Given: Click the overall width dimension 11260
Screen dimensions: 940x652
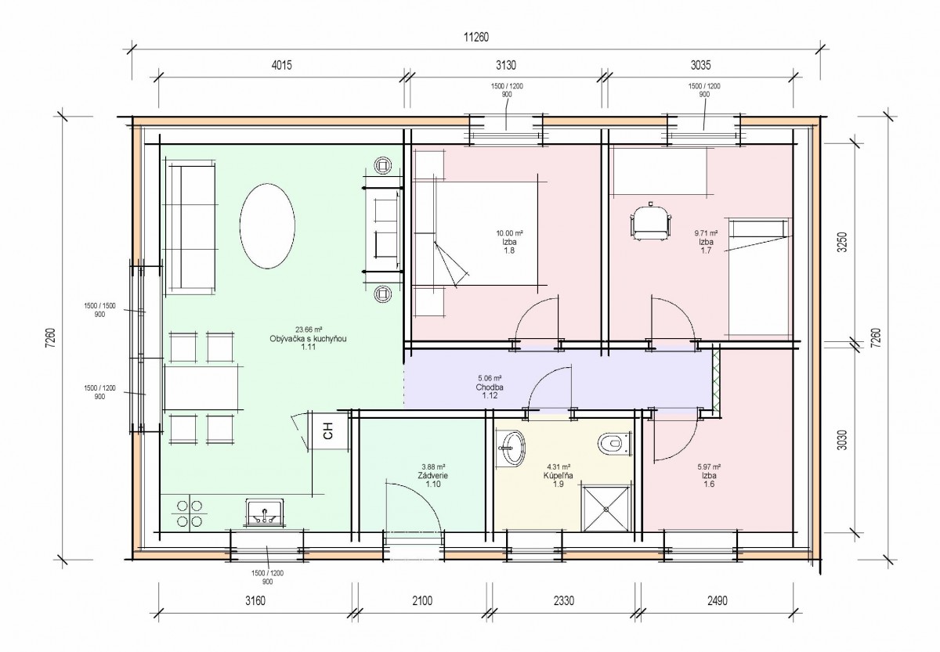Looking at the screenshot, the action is (476, 38).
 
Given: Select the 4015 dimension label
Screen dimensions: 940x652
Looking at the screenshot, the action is (281, 66).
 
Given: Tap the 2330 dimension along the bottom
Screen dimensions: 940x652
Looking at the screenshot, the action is (563, 601).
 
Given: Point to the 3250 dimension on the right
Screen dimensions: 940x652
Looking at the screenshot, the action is (842, 242).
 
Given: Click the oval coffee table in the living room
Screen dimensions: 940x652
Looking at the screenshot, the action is (267, 225).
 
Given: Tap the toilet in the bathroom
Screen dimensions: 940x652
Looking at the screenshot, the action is (614, 444).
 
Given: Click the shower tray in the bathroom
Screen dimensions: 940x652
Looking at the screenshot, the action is (606, 509).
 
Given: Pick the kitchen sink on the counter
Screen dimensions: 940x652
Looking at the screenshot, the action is (265, 513).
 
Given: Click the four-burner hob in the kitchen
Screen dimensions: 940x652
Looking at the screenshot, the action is (189, 513).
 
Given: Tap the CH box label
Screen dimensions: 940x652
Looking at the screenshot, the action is (328, 430).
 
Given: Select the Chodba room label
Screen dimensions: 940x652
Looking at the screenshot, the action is (490, 387).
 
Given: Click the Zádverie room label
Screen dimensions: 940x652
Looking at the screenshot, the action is (432, 475).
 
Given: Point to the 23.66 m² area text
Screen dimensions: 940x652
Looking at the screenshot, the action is (309, 330).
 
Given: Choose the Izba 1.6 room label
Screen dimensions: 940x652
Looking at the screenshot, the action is (709, 480).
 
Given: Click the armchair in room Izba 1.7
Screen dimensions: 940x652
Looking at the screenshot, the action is (650, 222).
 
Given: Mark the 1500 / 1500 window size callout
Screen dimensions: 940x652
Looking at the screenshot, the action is (99, 306).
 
